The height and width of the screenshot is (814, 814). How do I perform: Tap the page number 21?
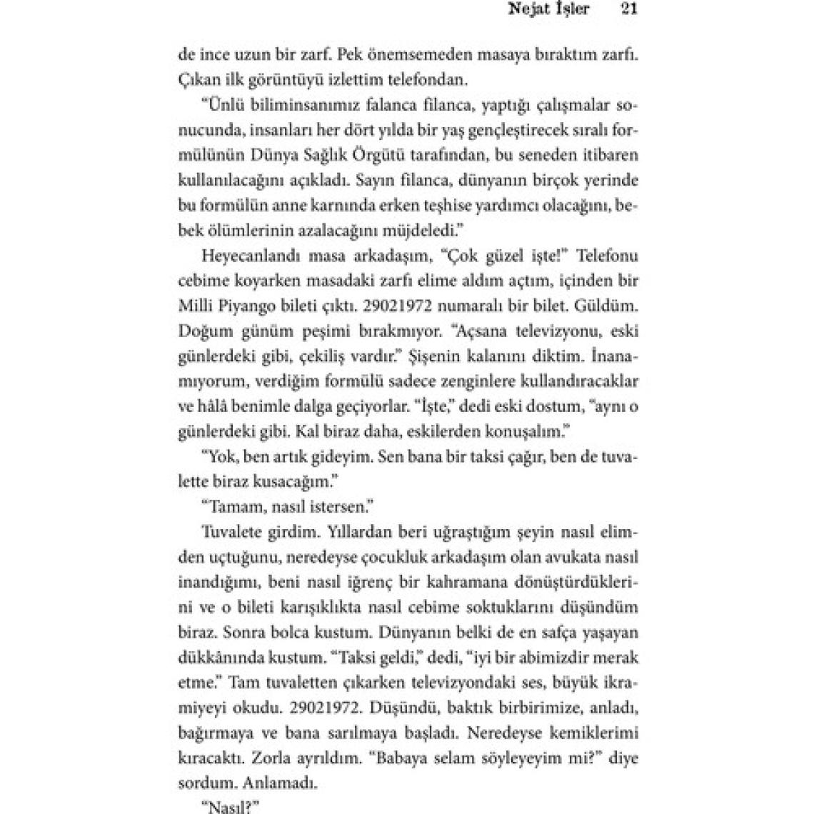click(x=629, y=10)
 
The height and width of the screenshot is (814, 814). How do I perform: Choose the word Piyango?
click(x=250, y=306)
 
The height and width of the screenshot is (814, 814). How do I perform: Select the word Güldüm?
click(x=606, y=306)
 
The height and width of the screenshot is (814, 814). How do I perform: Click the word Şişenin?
click(x=455, y=356)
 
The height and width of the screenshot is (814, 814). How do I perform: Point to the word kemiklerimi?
click(x=598, y=733)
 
